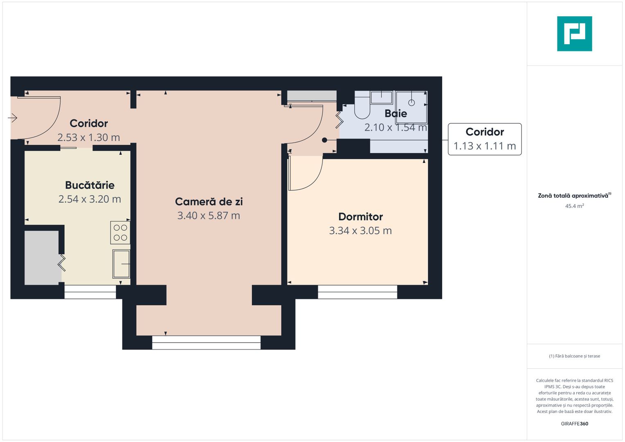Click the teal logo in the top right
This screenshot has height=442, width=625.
(574, 34)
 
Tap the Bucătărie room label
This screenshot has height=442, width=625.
(90, 185)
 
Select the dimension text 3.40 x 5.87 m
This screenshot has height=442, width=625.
(208, 216)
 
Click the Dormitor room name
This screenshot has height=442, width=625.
(361, 216)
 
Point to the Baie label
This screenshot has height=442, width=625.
(396, 113)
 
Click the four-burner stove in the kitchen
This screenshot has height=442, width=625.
(120, 232)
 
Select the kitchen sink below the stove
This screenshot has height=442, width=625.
(121, 264)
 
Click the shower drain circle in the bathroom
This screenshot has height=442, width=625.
(411, 103)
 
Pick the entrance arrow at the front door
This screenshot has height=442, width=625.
(13, 118)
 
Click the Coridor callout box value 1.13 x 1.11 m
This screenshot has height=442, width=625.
(485, 146)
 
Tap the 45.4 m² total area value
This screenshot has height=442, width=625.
(574, 206)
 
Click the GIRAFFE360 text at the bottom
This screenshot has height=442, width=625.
(574, 424)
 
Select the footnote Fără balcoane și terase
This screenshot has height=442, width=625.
(574, 356)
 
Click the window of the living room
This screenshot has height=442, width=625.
(206, 343)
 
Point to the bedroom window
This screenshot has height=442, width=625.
(357, 292)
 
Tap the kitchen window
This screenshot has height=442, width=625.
(90, 292)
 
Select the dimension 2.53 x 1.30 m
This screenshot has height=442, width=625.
(88, 138)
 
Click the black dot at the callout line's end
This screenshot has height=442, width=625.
(325, 140)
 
